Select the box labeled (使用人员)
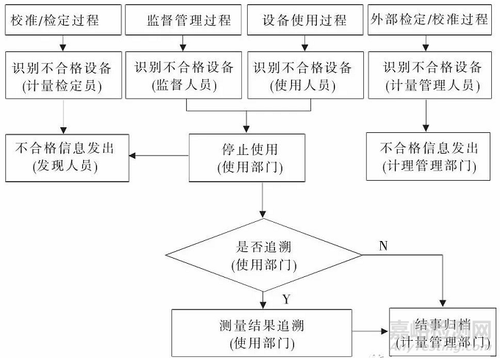304,76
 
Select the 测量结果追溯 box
262,332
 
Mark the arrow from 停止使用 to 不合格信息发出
158,155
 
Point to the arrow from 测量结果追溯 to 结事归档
371,332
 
